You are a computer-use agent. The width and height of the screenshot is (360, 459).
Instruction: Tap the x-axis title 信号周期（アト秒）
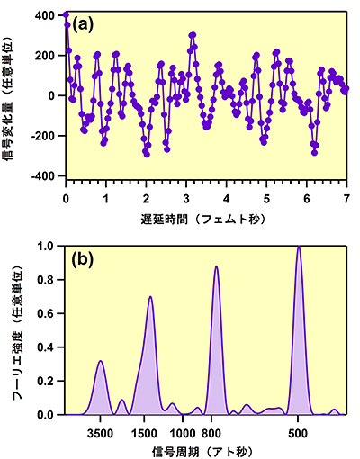coord(206,448)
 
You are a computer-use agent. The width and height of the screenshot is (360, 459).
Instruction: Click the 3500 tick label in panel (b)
coord(101,430)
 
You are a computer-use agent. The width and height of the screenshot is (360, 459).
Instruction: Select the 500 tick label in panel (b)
coord(299,430)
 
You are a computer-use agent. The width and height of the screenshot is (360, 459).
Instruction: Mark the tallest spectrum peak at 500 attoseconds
coord(299,247)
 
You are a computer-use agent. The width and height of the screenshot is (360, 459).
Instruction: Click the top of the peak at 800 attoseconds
coord(216,266)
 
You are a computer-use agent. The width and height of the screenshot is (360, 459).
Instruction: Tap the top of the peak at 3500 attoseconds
coord(101,361)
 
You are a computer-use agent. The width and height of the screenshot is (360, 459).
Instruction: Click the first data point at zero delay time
coord(67,14)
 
